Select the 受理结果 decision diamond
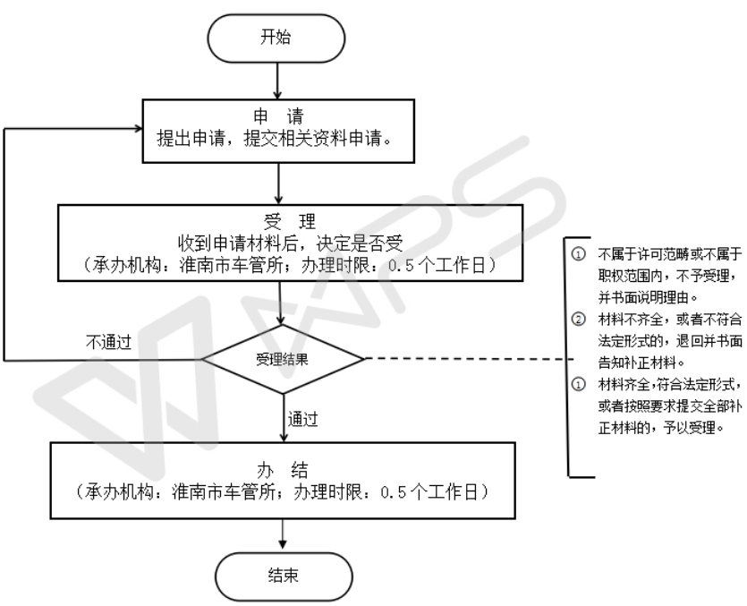(x=283, y=359)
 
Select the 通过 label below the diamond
(x=304, y=417)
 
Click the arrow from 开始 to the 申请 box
(x=281, y=80)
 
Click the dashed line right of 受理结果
(x=465, y=359)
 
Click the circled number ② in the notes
(x=578, y=319)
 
